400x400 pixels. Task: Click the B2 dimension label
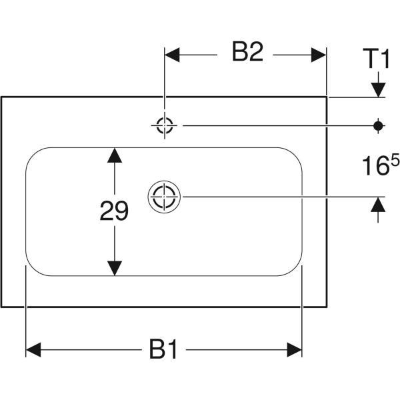pyautogui.click(x=247, y=53)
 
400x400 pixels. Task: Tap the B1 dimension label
pyautogui.click(x=163, y=349)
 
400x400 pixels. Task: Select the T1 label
pyautogui.click(x=376, y=60)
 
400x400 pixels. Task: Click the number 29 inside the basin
pyautogui.click(x=114, y=211)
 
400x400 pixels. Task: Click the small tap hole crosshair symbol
pyautogui.click(x=164, y=124)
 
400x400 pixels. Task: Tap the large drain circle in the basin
pyautogui.click(x=163, y=197)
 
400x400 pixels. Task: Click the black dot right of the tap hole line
pyautogui.click(x=378, y=124)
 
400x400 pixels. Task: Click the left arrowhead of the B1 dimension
pyautogui.click(x=33, y=349)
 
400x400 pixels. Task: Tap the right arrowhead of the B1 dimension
pyautogui.click(x=295, y=349)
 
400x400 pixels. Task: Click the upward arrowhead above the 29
pyautogui.click(x=115, y=155)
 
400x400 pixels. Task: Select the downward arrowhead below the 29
pyautogui.click(x=115, y=268)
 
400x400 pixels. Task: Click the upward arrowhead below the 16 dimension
pyautogui.click(x=378, y=205)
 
